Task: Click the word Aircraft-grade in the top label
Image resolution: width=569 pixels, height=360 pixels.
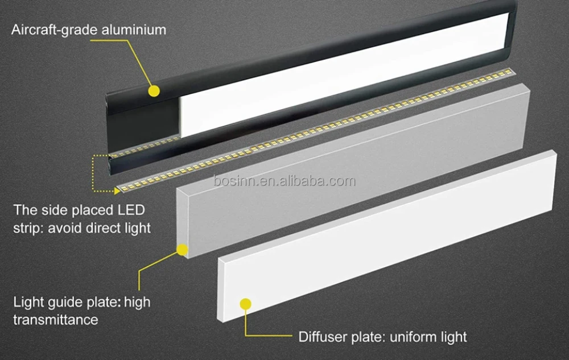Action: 51,29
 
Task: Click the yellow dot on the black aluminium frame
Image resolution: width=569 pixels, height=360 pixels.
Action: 153,90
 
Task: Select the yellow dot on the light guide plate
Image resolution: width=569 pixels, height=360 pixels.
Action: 182,249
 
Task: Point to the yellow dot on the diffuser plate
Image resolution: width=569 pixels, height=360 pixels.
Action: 246,304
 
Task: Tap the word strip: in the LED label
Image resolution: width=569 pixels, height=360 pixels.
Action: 30,228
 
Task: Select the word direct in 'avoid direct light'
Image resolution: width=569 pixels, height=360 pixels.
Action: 105,228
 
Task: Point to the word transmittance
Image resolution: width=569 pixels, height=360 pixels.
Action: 56,320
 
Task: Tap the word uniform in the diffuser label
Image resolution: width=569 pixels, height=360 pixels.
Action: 413,336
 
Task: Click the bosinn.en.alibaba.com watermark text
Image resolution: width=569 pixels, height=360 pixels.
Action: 284,181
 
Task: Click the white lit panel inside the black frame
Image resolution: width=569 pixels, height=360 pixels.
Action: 341,74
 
